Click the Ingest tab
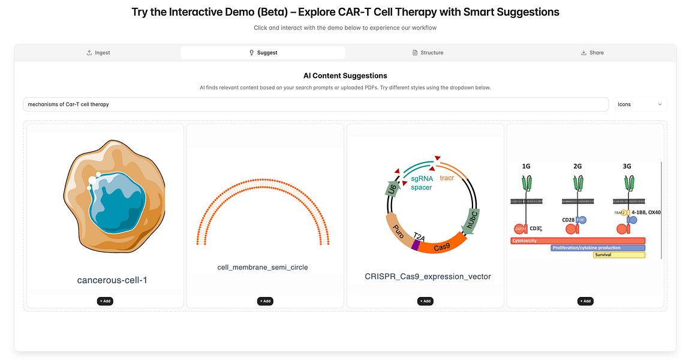pos(98,53)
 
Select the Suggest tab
pos(263,53)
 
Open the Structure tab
pos(428,53)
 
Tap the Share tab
pos(592,53)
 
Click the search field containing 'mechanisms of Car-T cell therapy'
pos(315,104)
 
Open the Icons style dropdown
pos(640,104)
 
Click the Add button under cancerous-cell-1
pos(105,301)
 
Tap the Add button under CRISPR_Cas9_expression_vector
pos(425,301)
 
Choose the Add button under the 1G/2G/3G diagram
pos(585,301)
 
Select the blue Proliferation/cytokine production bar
pos(598,248)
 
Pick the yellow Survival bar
pos(619,255)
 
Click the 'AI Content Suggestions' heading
pos(345,76)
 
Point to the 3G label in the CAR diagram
pos(628,166)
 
